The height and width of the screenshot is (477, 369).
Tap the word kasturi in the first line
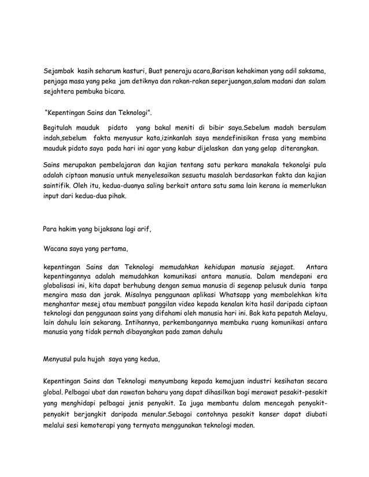pos(132,71)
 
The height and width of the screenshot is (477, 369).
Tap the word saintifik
pos(60,187)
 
